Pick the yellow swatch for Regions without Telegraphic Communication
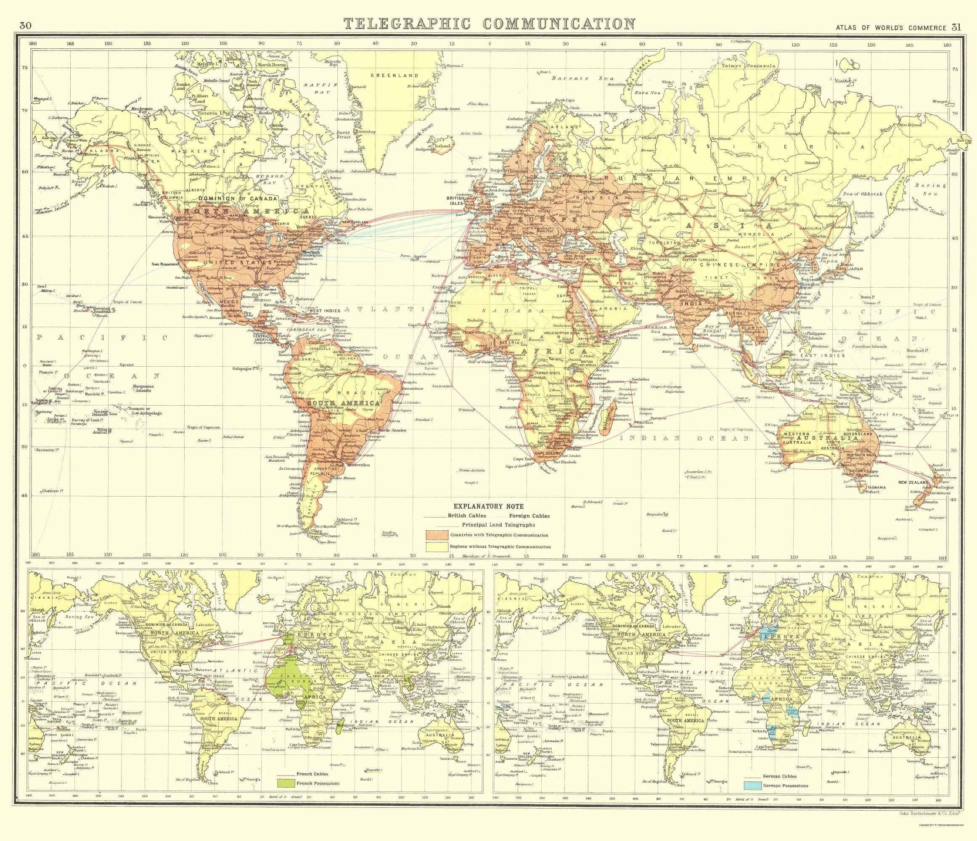436,547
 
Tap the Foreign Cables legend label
530,516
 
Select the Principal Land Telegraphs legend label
498,524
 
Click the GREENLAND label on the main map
394,75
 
